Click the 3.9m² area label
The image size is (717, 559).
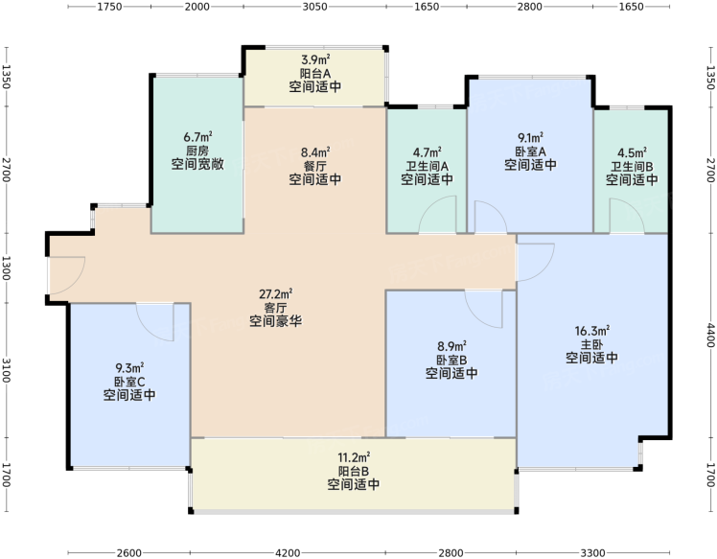coord(315,59)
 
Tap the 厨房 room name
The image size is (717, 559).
coord(197,151)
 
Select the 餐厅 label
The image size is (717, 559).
coord(315,166)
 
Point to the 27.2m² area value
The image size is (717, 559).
coord(276,293)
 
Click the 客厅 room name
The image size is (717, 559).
coord(276,308)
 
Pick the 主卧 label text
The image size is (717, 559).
coord(591,344)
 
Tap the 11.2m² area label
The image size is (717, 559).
coord(354,457)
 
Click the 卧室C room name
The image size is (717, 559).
coord(129,382)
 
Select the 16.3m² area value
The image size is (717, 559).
coord(591,331)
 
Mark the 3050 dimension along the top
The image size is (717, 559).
coord(315,7)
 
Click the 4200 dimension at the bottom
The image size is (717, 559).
coord(288,553)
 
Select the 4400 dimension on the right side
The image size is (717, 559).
coord(710,336)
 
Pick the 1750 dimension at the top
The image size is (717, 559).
coord(109,7)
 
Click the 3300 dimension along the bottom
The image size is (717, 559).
coord(592,553)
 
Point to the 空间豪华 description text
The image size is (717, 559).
coord(276,321)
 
